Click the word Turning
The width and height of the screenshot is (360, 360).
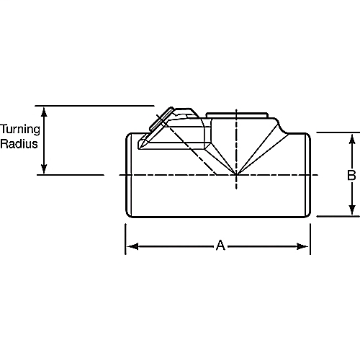point(19,130)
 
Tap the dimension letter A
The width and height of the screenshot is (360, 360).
point(221,246)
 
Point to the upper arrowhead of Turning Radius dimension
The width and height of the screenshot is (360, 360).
point(45,111)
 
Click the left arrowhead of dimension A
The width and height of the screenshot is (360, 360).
point(131,246)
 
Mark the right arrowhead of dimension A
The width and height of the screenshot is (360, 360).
point(305,246)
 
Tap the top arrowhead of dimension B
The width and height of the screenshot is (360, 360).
point(353,137)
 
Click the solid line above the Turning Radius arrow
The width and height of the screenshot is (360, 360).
point(94,106)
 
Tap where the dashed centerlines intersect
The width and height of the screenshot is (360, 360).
point(236,175)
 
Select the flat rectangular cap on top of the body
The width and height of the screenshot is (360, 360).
point(237,115)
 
